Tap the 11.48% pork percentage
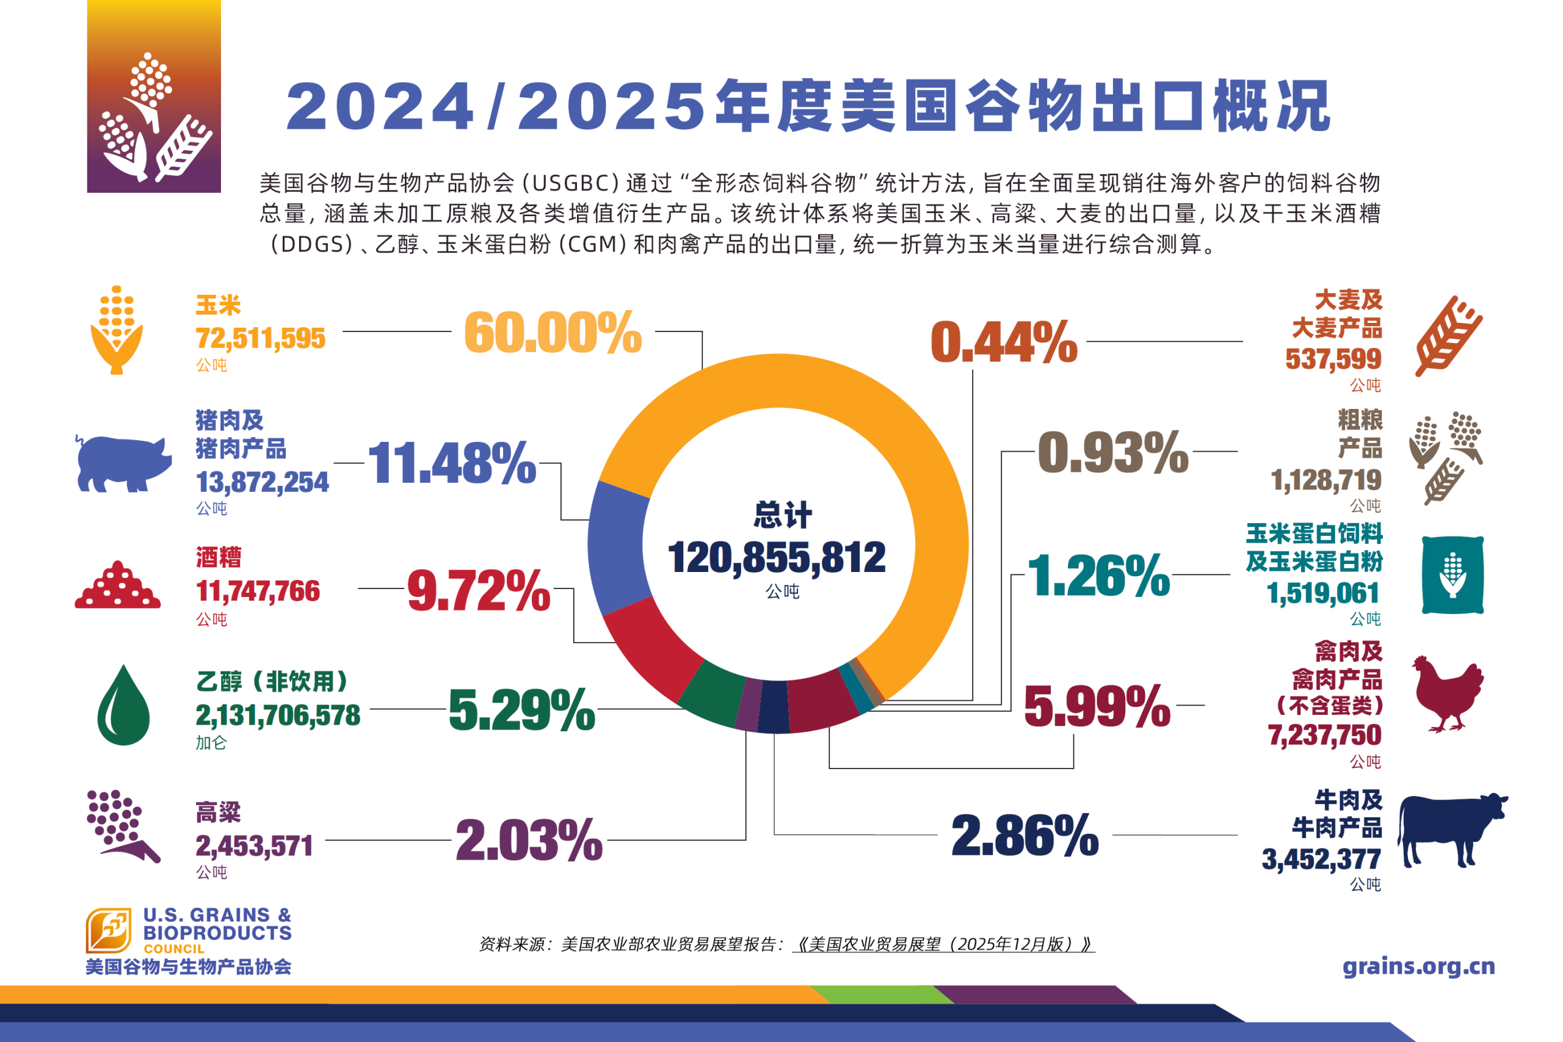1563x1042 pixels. [x=452, y=463]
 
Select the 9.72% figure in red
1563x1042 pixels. [x=479, y=590]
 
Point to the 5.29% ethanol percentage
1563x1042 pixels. [x=521, y=710]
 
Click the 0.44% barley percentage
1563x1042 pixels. [x=1004, y=342]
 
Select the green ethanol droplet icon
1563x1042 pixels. [x=123, y=706]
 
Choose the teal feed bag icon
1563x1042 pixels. [x=1452, y=575]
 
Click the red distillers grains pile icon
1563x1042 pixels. [x=118, y=586]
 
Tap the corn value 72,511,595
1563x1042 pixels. [x=261, y=339]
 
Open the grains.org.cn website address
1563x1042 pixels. [x=1418, y=966]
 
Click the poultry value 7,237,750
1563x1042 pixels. [x=1324, y=735]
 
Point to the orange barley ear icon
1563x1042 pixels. [x=1449, y=336]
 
